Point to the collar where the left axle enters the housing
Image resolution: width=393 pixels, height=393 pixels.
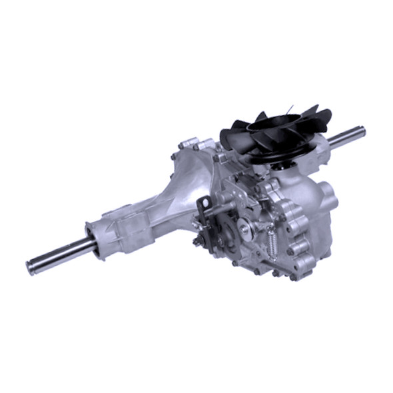(97, 242)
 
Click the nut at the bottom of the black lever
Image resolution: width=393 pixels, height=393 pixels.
(197, 240)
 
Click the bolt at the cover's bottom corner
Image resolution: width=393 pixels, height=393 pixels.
(293, 275)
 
